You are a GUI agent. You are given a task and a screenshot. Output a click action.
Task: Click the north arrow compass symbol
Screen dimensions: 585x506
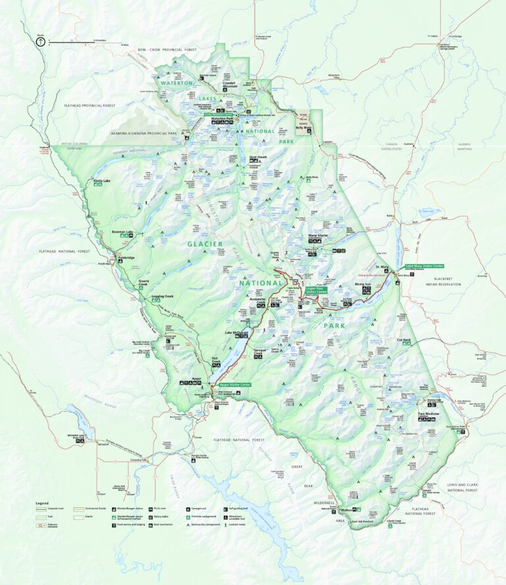point(41,41)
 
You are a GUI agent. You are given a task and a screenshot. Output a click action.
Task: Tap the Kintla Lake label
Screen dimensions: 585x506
point(102,180)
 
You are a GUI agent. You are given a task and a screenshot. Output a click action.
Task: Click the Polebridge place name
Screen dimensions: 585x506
point(126,258)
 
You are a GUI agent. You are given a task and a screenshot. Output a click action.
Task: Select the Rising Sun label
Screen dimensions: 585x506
point(363,284)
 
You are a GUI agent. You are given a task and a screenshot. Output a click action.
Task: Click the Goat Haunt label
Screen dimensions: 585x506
point(258,157)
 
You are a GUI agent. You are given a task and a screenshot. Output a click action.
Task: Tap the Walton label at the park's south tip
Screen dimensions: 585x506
point(347,510)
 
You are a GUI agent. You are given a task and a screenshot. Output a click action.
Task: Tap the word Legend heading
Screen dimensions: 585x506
point(42,503)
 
